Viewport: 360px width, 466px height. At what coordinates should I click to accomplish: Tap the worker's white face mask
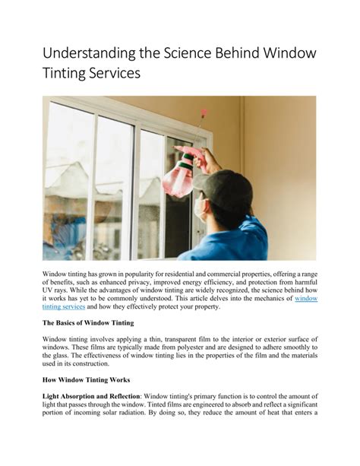(201, 208)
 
